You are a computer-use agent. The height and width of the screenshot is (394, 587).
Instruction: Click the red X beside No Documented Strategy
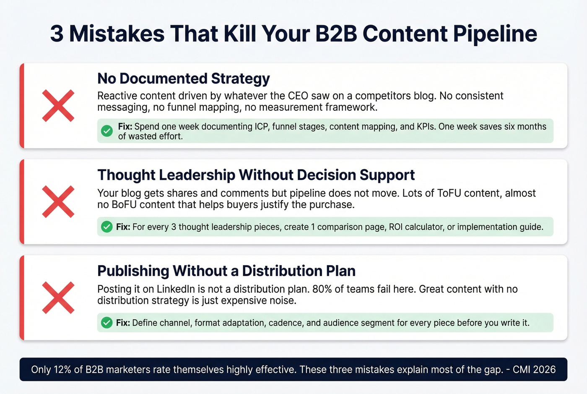[58, 106]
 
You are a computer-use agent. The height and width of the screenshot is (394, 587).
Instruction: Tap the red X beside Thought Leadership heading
[58, 202]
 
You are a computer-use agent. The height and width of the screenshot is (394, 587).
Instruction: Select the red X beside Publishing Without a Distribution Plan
[58, 298]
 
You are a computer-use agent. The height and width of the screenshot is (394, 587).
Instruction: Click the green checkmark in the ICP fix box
[107, 131]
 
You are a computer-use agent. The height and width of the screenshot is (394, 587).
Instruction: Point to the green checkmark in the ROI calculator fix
[107, 227]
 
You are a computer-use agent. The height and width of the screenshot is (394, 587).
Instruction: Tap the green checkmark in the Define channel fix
[107, 323]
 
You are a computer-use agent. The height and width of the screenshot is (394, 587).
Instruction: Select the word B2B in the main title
[336, 34]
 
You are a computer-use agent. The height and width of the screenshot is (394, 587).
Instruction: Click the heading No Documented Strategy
[183, 78]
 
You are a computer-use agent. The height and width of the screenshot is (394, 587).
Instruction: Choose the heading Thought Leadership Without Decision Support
[256, 175]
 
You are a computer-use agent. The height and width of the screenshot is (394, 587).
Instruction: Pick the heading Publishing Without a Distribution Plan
[226, 271]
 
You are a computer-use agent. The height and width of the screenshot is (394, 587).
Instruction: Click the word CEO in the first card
[298, 96]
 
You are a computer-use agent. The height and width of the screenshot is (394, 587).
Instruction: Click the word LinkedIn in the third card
[176, 290]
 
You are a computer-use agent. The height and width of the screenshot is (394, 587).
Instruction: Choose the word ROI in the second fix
[396, 227]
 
